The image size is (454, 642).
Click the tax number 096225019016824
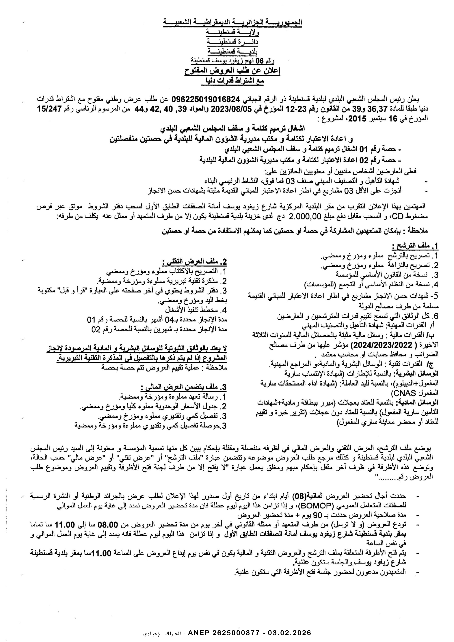pyautogui.click(x=206, y=99)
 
